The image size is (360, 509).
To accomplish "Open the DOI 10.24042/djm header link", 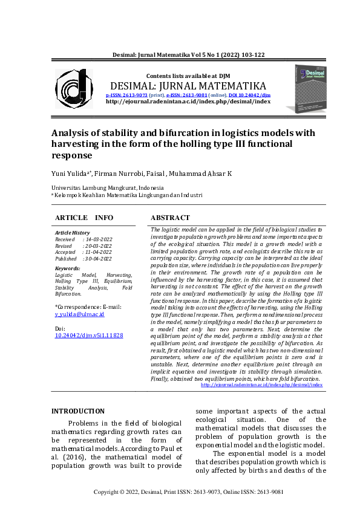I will [x=249, y=95].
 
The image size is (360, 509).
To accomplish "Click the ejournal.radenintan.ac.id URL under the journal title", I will [x=188, y=102].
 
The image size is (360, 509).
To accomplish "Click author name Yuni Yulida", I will [x=70, y=174].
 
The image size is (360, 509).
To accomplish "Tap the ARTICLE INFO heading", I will [x=83, y=218].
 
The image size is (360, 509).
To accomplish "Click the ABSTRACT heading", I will [x=170, y=218].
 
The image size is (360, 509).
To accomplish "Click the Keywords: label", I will [x=67, y=268].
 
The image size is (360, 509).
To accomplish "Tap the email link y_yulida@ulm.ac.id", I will [x=80, y=314].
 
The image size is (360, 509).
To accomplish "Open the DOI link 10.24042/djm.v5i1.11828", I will [x=89, y=335].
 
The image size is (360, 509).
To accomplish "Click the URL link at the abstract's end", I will [x=261, y=384].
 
